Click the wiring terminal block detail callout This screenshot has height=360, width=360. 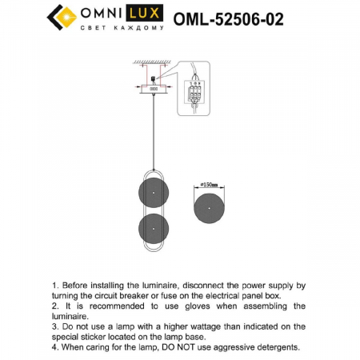193,87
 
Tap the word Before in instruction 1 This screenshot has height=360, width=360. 77,285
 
